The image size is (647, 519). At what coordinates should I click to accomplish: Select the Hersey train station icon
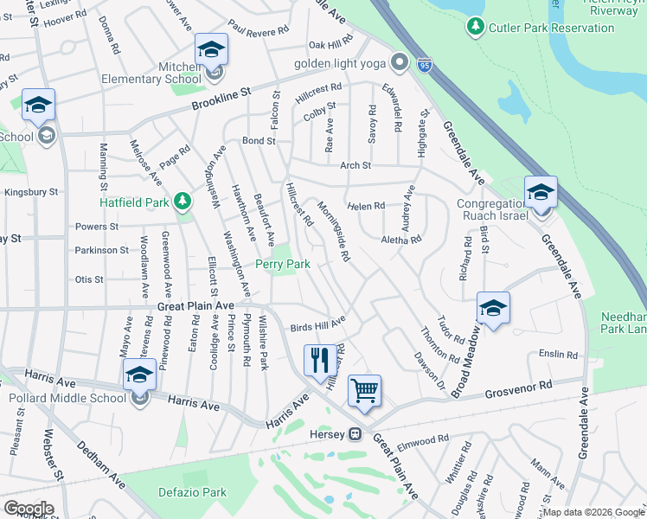coord(355,434)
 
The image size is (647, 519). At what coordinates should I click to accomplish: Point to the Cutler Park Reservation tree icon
coord(475,28)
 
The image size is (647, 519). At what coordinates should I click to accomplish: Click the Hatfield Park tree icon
coord(182,202)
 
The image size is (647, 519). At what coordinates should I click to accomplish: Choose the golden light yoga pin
coord(399,63)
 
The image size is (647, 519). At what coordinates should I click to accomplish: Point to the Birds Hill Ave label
coord(317,324)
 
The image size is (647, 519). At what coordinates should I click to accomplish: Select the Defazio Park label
coord(192,492)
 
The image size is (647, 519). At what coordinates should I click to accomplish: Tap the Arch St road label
coord(355,165)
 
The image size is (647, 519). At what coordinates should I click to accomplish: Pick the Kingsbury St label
coord(31,191)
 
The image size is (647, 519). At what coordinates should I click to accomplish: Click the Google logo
coord(28,509)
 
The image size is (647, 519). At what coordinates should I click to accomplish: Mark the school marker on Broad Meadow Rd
coord(493,308)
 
